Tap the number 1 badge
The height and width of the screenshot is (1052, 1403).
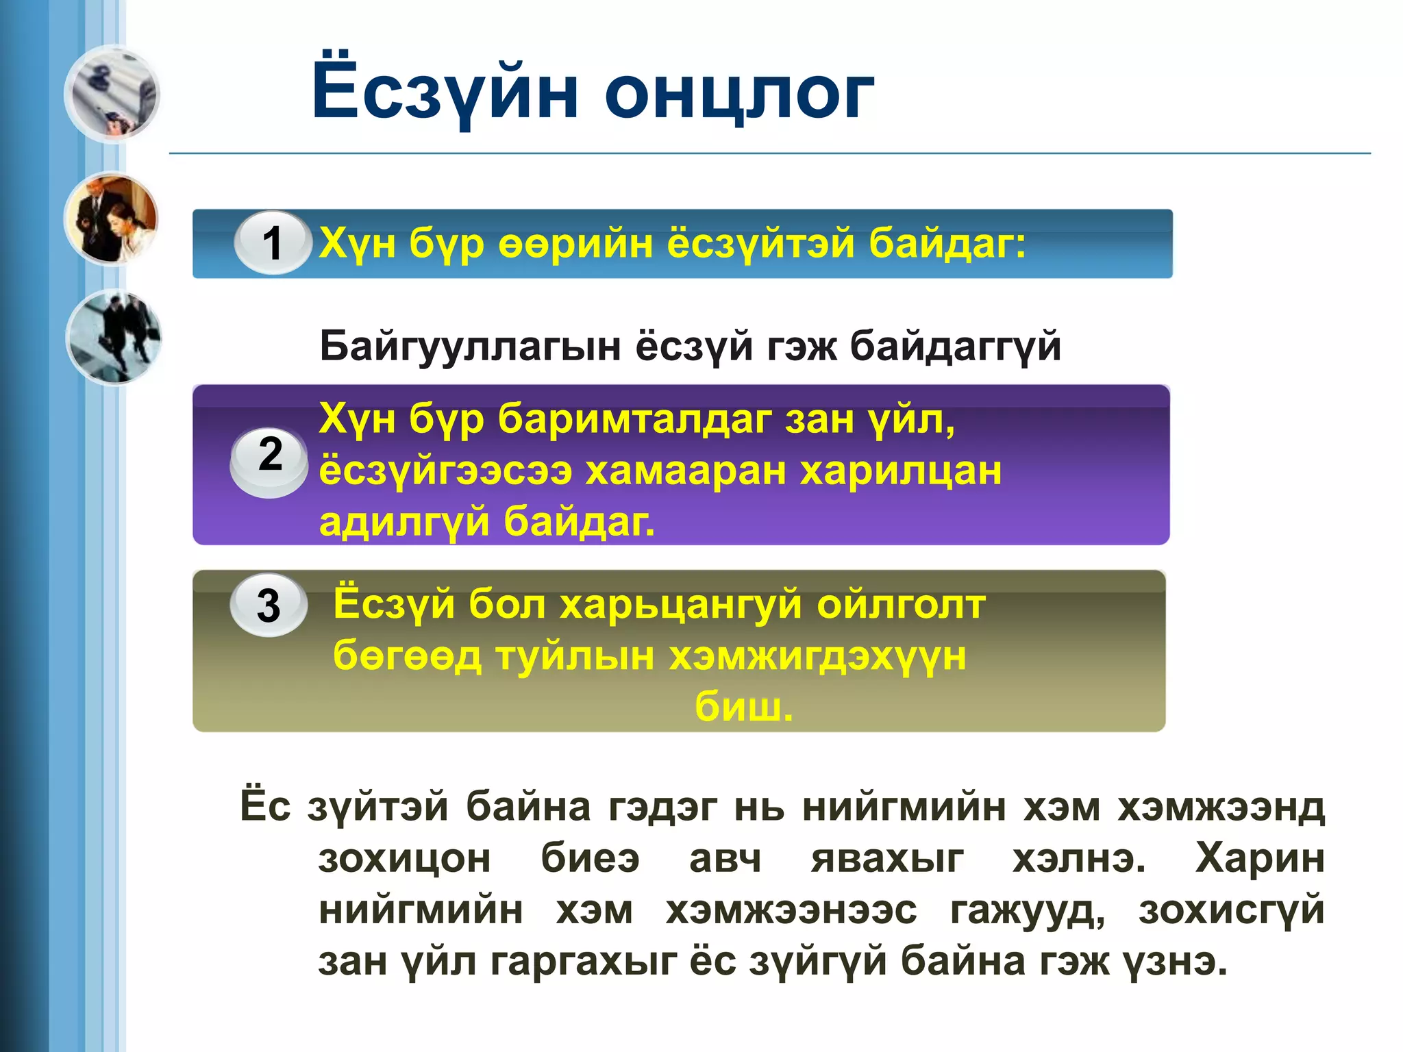[273, 243]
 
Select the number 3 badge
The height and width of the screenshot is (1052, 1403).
[269, 606]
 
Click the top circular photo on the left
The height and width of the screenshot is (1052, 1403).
[112, 95]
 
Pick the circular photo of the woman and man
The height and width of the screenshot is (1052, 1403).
[112, 219]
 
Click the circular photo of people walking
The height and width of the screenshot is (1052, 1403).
[114, 337]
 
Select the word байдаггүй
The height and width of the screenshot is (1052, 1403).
[955, 347]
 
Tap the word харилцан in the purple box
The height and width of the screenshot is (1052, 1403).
[901, 471]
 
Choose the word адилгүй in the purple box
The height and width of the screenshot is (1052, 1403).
[404, 522]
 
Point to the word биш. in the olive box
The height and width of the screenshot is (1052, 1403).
[743, 707]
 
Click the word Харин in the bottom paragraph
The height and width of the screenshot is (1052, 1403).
[1259, 858]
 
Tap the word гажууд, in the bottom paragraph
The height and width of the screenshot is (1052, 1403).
[1028, 911]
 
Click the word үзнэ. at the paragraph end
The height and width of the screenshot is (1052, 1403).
[1174, 962]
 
